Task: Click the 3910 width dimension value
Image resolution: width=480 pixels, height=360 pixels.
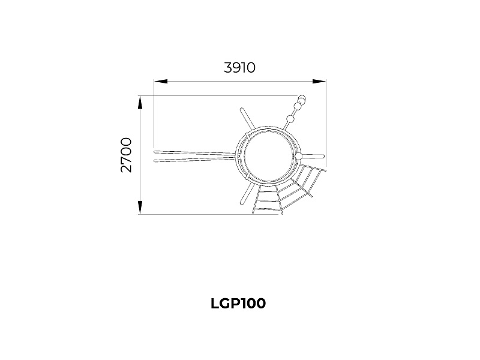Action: tap(239, 68)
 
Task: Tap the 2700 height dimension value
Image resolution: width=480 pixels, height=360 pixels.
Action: tap(126, 155)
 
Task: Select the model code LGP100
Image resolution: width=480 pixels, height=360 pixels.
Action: tap(238, 304)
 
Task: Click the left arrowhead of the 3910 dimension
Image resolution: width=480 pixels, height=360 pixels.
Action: tap(161, 82)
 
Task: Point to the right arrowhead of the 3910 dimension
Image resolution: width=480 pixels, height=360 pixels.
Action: tap(319, 82)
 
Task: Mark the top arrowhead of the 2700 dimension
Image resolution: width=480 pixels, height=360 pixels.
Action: tap(140, 103)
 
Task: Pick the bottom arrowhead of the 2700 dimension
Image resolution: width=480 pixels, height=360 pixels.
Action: tap(140, 207)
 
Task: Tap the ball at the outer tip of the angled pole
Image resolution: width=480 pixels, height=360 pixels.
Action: tap(302, 99)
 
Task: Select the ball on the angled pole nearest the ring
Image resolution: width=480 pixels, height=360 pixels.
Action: tap(290, 118)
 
